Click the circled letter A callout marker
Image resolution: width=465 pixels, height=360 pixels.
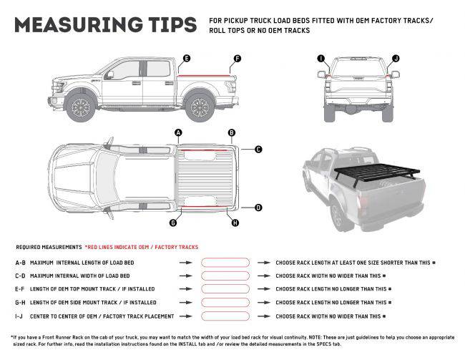(x=178, y=132)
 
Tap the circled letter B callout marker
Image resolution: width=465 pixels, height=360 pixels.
(x=231, y=132)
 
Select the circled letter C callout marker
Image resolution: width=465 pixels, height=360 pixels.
(x=258, y=150)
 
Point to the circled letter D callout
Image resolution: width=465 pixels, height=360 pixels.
(x=258, y=208)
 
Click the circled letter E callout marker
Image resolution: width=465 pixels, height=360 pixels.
(x=186, y=57)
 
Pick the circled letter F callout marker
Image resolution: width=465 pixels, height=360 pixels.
(x=238, y=57)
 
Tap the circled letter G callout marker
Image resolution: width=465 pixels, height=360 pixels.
(x=173, y=223)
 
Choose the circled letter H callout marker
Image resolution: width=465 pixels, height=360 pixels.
(x=235, y=223)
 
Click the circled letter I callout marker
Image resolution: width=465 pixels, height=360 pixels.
(x=320, y=57)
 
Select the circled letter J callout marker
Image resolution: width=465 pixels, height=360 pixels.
(x=396, y=57)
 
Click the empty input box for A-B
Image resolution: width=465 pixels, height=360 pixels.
(x=225, y=263)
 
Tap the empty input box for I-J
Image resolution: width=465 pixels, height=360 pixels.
(x=225, y=315)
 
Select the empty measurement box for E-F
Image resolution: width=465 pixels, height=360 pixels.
(x=225, y=288)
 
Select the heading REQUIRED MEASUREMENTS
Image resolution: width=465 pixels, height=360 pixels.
(x=49, y=245)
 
